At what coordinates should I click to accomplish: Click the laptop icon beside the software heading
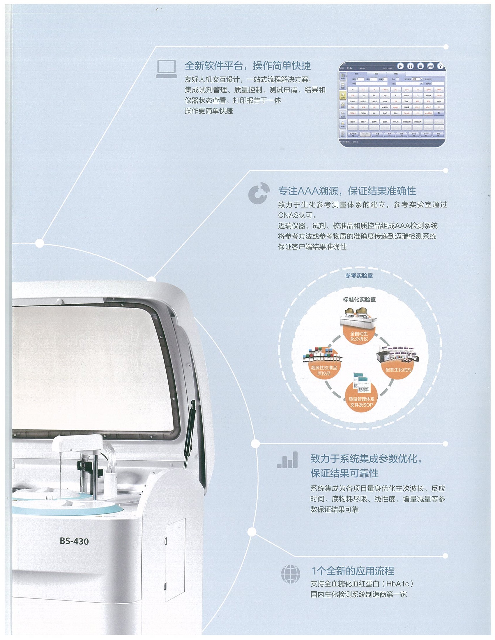click(166, 69)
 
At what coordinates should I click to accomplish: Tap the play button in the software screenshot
click(401, 66)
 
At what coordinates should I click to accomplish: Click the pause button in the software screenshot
click(411, 66)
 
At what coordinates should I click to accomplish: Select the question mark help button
click(440, 66)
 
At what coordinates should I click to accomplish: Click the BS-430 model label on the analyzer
click(74, 541)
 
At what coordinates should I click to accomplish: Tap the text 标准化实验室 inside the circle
click(359, 299)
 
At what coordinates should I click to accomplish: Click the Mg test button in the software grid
click(385, 95)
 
